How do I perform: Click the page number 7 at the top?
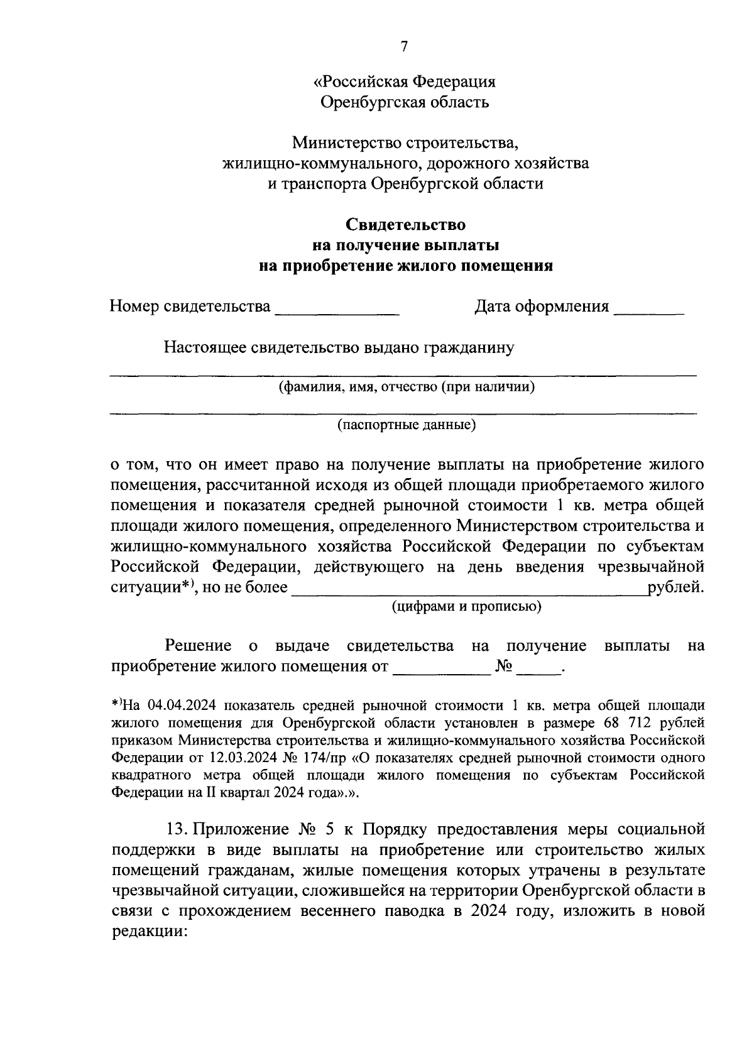point(404,47)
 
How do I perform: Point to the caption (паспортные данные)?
point(406,425)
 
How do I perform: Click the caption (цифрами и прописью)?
point(466,606)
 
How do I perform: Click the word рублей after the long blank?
point(675,587)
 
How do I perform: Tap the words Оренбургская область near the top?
point(405,102)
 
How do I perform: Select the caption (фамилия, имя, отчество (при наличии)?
point(407,387)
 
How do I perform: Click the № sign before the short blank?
point(505,666)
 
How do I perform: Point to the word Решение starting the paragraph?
point(197,646)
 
